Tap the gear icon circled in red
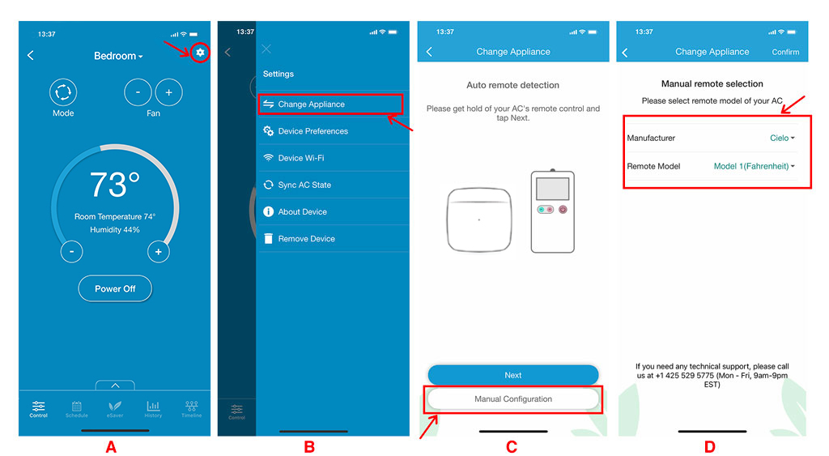click(200, 53)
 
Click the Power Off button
click(115, 289)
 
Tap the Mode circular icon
click(63, 92)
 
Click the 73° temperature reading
click(115, 185)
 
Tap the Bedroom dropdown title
click(118, 56)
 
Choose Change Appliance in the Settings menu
click(311, 104)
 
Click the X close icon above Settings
click(266, 49)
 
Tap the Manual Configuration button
click(512, 398)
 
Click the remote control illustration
click(552, 211)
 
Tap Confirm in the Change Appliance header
click(785, 52)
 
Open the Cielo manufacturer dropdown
click(782, 138)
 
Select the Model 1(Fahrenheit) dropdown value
click(754, 166)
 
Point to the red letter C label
click(512, 447)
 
